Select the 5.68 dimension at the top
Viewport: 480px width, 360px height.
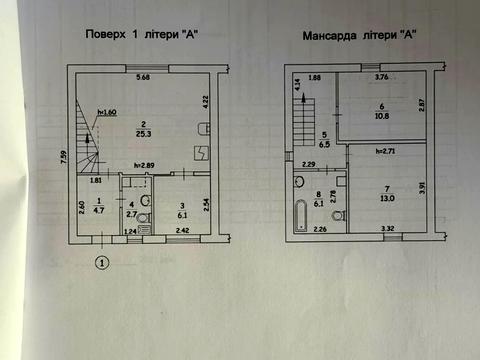145,78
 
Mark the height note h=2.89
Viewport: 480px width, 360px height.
147,165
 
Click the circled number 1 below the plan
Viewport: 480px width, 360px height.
100,264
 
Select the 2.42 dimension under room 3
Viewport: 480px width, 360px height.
183,232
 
